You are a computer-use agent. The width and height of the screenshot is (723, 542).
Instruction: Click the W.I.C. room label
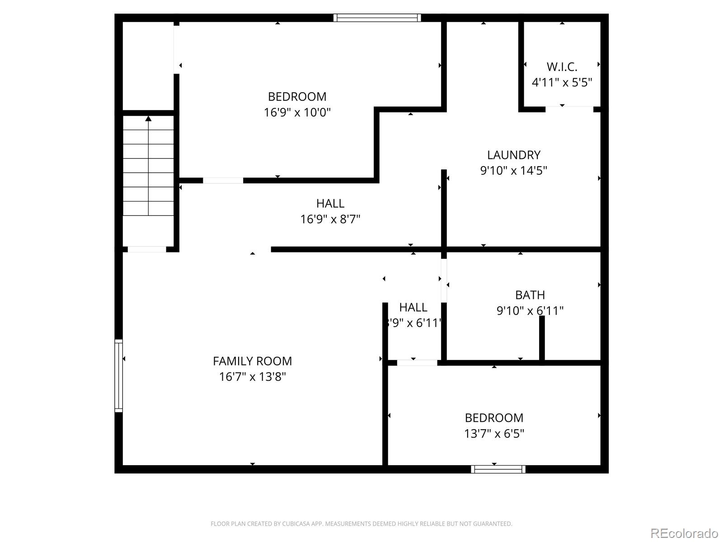(x=562, y=67)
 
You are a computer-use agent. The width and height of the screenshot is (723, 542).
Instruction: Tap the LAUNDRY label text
(x=513, y=155)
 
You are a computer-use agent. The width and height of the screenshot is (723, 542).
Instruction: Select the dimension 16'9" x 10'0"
(x=297, y=112)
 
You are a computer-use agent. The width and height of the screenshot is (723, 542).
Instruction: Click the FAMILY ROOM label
(x=252, y=361)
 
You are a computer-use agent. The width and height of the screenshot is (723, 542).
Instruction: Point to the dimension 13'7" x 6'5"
(x=494, y=434)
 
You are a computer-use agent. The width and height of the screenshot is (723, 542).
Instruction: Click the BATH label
(x=530, y=295)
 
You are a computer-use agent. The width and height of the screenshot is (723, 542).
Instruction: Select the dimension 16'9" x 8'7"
(x=330, y=219)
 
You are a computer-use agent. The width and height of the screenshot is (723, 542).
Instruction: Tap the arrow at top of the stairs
(x=148, y=119)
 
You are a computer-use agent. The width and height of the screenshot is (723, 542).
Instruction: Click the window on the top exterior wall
(x=377, y=18)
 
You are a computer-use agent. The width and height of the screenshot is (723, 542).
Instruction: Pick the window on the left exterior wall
(x=118, y=375)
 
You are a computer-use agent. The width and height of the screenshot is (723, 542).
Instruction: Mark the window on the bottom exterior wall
(x=498, y=469)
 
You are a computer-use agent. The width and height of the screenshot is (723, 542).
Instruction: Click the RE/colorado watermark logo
(x=684, y=533)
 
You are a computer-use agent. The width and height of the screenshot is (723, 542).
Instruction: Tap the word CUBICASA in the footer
(x=296, y=524)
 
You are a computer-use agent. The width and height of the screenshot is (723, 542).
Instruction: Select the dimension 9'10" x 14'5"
(x=513, y=171)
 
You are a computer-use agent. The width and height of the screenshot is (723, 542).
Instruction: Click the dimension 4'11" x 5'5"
(x=562, y=83)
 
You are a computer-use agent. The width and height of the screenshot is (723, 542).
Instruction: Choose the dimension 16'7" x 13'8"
(x=252, y=377)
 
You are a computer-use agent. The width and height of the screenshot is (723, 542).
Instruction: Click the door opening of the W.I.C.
(x=569, y=109)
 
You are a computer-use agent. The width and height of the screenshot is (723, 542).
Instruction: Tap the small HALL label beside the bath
(x=413, y=307)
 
